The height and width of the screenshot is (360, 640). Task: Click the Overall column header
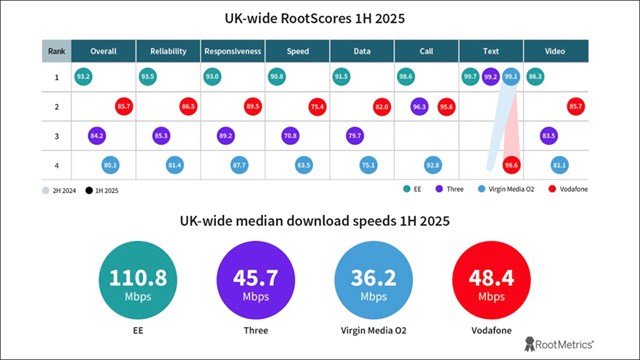(x=103, y=50)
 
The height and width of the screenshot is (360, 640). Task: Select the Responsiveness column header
(x=232, y=50)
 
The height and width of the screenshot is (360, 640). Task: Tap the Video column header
(x=555, y=50)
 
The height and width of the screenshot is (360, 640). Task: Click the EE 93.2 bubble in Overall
(x=83, y=76)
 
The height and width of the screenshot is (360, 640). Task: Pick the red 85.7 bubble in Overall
(x=124, y=105)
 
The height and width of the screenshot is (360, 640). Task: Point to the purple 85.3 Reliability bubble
(x=161, y=135)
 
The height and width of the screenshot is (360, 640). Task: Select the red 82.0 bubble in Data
(x=381, y=105)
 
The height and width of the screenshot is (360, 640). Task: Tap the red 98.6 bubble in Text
(x=511, y=164)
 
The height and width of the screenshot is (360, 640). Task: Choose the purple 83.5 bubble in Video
(x=548, y=135)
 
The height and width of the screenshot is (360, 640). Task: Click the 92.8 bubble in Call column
(x=433, y=164)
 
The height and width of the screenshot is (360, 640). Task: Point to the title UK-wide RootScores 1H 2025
(x=320, y=17)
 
